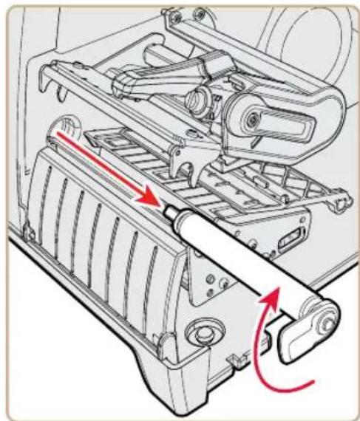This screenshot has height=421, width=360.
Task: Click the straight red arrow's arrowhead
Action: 153,199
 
